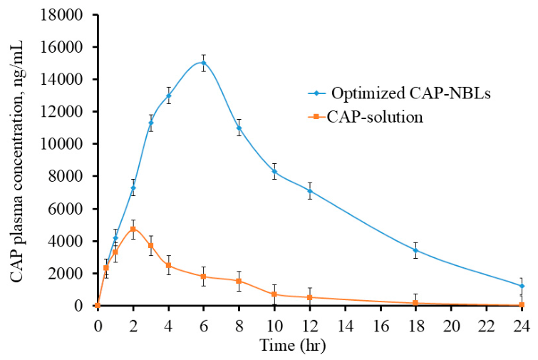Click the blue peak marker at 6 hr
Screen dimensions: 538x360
pos(204,63)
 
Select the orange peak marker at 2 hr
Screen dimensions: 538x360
pos(133,229)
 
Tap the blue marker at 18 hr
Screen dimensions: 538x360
pos(415,250)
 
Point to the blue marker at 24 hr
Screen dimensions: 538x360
pos(522,286)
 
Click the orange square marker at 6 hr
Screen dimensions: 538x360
pos(204,277)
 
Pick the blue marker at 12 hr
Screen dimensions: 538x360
pos(309,191)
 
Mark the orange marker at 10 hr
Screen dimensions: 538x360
pos(274,294)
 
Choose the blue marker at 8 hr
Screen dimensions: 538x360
pos(239,128)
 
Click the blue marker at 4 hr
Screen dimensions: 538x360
pos(168,96)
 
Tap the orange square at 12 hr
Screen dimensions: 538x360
pos(309,297)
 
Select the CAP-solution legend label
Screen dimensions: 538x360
pos(375,117)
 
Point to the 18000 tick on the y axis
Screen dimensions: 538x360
pos(62,15)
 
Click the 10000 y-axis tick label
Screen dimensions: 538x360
pos(62,144)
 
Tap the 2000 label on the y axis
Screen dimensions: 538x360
pos(66,273)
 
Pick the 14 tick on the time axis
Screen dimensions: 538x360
pos(345,326)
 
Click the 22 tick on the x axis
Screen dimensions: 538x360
pos(486,326)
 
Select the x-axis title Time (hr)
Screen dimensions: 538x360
pos(293,345)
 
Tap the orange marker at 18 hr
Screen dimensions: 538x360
pos(415,303)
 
